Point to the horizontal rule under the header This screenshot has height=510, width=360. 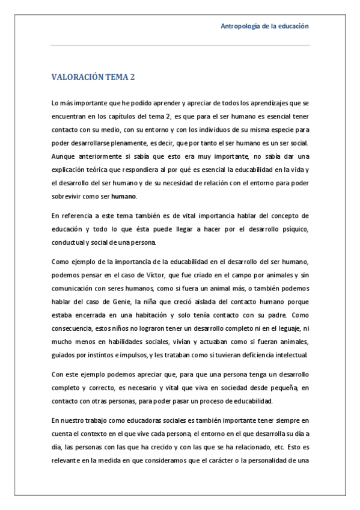pyautogui.click(x=180, y=45)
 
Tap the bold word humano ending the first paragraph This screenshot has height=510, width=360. pyautogui.click(x=124, y=196)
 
